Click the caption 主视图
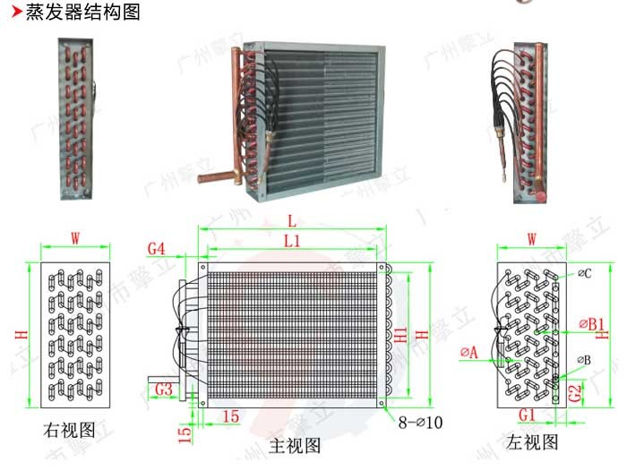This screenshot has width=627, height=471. [x=295, y=445]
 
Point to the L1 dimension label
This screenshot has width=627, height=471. [x=292, y=240]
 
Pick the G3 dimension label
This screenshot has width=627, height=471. [x=163, y=389]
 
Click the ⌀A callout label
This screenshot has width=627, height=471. [x=468, y=353]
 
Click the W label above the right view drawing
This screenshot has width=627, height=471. [x=75, y=238]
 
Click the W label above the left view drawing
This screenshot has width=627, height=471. [x=530, y=239]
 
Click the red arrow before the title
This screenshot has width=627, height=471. [x=14, y=13]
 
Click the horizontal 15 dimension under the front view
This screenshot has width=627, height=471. [x=230, y=416]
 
